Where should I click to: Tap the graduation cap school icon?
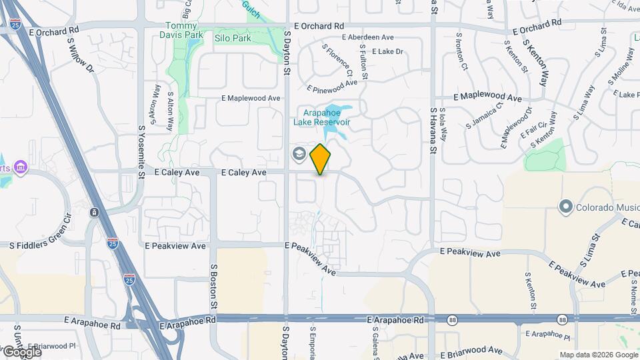tap(299, 155)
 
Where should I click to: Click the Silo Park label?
tap(233, 39)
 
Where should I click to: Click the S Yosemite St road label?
tap(141, 152)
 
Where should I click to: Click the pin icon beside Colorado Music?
tap(566, 207)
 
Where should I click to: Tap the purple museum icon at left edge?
tap(21, 166)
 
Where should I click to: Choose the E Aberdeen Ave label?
tap(371, 38)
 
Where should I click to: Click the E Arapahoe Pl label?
tap(547, 333)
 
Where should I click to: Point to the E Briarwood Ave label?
tap(472, 350)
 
